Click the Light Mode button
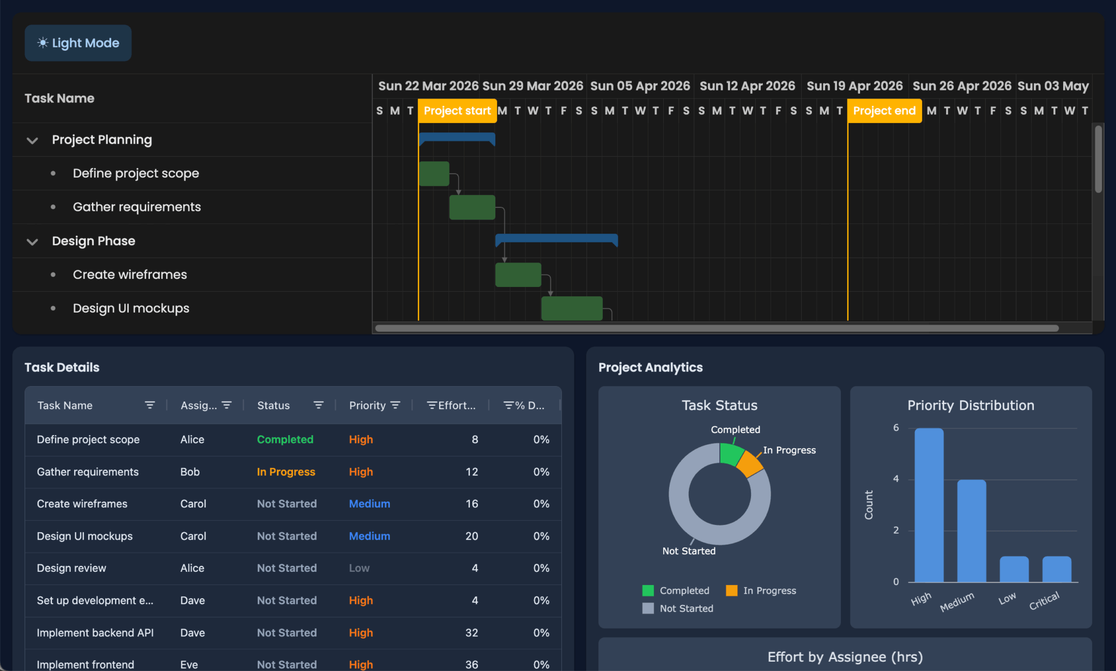click(78, 43)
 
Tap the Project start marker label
click(457, 111)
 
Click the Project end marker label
click(884, 111)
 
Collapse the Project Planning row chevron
click(32, 141)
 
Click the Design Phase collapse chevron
click(32, 242)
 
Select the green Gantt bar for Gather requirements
click(472, 208)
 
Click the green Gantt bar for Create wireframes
click(518, 275)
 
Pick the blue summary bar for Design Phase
click(556, 238)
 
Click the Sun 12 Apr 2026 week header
click(747, 86)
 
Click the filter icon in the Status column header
click(318, 405)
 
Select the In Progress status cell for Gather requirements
click(286, 472)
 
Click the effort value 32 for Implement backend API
click(471, 633)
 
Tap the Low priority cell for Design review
click(359, 568)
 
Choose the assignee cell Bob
click(190, 472)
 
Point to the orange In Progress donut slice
click(750, 465)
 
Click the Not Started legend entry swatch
click(648, 608)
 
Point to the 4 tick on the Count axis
click(896, 479)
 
